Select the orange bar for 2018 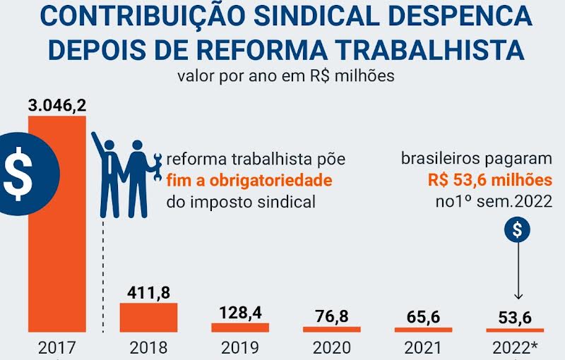[148, 317]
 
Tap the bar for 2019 [240, 328]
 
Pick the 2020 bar [332, 329]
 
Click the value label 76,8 [332, 316]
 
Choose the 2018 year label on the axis [148, 348]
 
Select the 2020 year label [332, 348]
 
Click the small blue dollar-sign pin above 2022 [518, 229]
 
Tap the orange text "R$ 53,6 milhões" [489, 180]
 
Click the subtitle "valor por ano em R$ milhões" [285, 76]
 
